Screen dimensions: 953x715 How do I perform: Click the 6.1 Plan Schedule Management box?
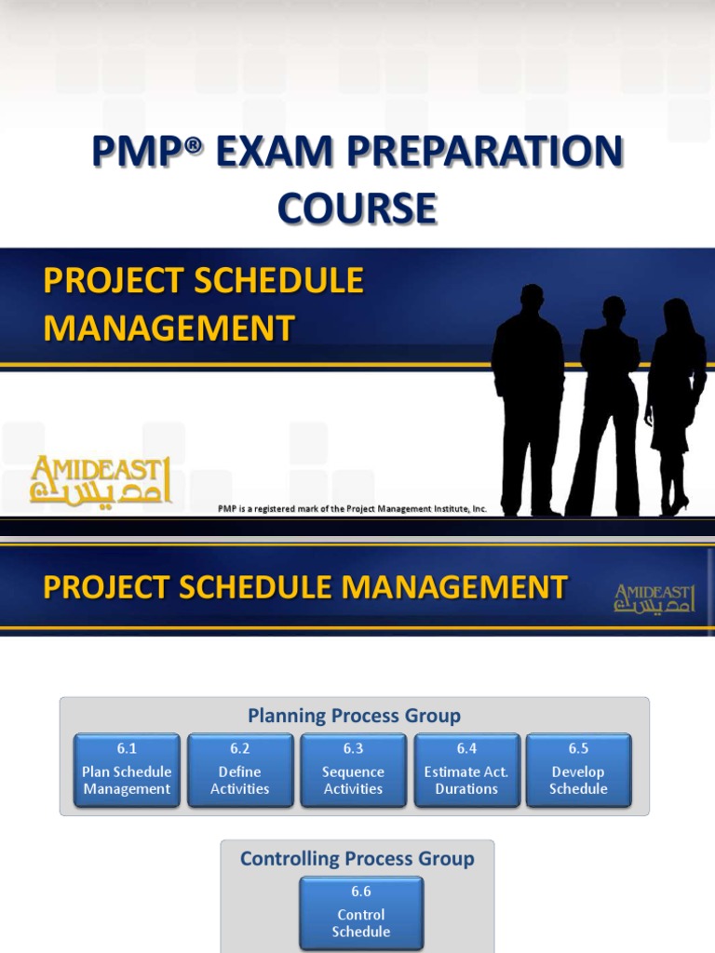pyautogui.click(x=127, y=771)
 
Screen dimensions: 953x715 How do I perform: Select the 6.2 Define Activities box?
pyautogui.click(x=240, y=771)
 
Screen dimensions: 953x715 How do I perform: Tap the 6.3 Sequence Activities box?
pyautogui.click(x=353, y=771)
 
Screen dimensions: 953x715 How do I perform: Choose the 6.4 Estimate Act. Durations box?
pyautogui.click(x=466, y=771)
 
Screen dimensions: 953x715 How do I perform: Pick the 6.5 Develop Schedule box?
pyautogui.click(x=578, y=771)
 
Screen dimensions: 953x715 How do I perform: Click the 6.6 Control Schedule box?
pyautogui.click(x=361, y=913)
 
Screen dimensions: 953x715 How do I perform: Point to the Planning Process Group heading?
pyautogui.click(x=354, y=716)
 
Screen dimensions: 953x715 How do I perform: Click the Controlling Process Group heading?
pyautogui.click(x=357, y=858)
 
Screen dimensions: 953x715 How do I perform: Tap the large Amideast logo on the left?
pyautogui.click(x=101, y=479)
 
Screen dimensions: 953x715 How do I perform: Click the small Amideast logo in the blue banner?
pyautogui.click(x=654, y=598)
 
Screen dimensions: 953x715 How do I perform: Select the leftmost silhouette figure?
pyautogui.click(x=528, y=400)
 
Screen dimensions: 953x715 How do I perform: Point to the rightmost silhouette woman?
pyautogui.click(x=675, y=405)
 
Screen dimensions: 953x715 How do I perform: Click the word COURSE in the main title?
pyautogui.click(x=357, y=208)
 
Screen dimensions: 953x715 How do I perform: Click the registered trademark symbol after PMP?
pyautogui.click(x=193, y=147)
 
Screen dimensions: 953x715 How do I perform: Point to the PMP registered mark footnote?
pyautogui.click(x=352, y=509)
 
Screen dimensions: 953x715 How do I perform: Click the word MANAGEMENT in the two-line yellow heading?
pyautogui.click(x=169, y=328)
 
